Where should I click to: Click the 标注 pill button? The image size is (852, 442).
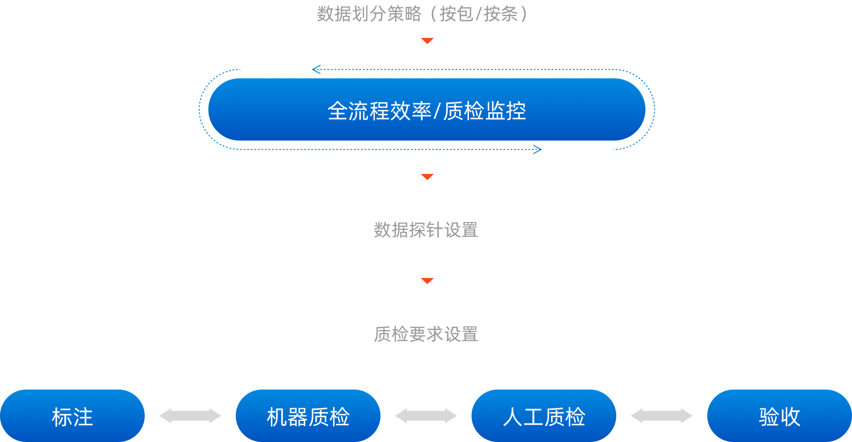72,416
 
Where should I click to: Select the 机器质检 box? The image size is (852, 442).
308,416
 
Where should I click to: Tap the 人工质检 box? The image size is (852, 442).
544,416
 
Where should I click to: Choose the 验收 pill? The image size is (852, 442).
779,416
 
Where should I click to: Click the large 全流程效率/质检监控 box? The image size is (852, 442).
426,110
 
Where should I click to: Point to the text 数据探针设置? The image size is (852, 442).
426,230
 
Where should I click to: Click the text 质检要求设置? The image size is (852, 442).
426,334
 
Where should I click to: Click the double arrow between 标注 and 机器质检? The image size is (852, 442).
190,416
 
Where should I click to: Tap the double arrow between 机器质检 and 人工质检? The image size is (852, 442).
426,416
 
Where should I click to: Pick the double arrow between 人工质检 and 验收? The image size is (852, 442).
662,416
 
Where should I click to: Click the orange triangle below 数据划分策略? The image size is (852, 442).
427,41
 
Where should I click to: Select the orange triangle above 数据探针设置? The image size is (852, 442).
427,177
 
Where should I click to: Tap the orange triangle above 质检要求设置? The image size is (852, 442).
427,281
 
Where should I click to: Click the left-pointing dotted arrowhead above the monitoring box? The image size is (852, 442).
316,69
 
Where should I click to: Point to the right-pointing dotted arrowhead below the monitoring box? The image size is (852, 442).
538,149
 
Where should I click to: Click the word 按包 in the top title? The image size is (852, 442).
456,14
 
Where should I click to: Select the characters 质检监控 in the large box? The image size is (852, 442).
484,111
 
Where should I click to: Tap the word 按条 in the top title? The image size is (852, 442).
500,14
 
